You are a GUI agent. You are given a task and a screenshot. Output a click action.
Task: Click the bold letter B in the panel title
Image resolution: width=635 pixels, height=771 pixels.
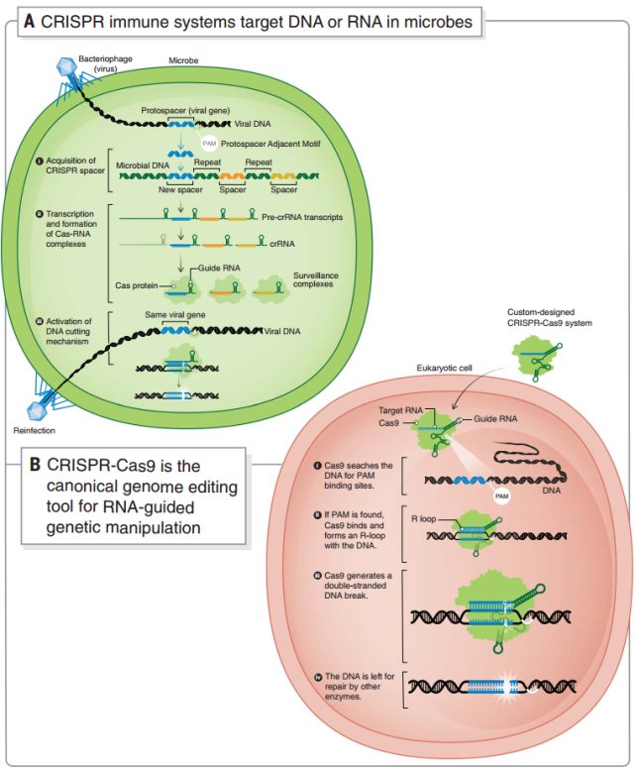point(37,463)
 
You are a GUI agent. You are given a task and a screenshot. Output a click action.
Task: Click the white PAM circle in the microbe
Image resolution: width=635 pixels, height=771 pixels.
point(209,143)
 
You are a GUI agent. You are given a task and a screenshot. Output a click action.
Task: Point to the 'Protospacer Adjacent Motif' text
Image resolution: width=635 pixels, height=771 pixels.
point(274,143)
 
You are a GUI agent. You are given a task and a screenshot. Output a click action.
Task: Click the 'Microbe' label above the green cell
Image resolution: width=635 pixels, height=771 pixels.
point(183,60)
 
